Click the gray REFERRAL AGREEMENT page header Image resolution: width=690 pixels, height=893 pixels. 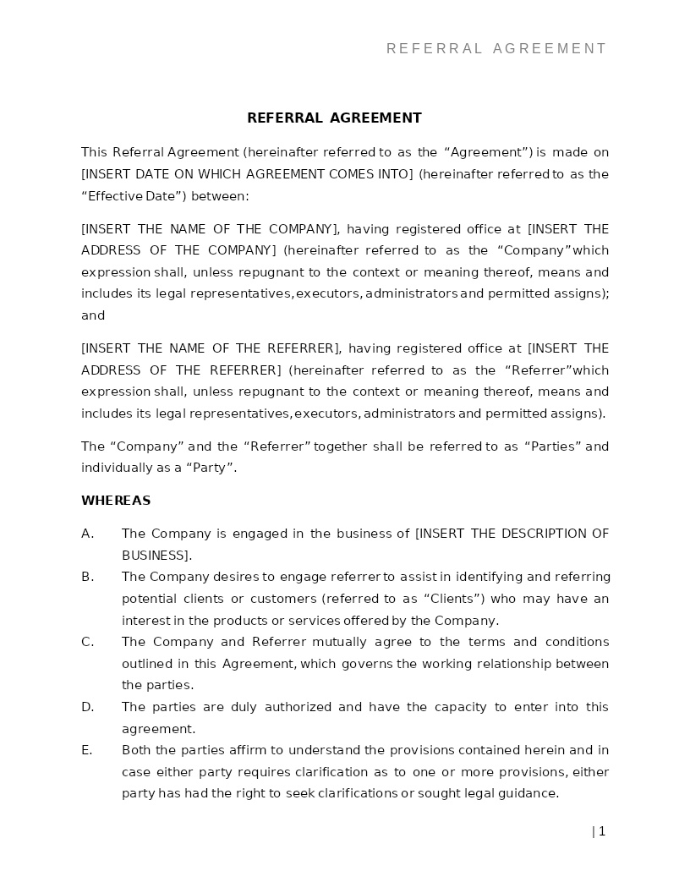(496, 49)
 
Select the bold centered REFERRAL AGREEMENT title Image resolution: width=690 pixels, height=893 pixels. (334, 118)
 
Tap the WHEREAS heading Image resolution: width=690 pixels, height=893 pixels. (116, 501)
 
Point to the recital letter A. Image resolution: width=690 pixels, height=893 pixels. (86, 534)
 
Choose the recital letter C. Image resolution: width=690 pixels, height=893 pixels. (86, 642)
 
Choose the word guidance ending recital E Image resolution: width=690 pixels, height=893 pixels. (528, 793)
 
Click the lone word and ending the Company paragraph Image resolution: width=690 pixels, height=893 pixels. (93, 315)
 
